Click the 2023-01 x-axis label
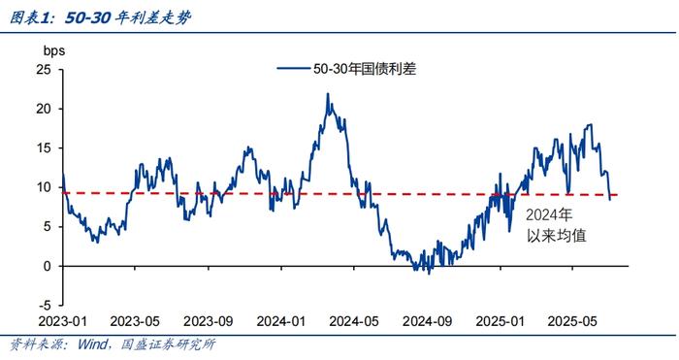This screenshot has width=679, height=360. click(x=61, y=319)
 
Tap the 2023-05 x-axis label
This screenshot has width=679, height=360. click(x=135, y=319)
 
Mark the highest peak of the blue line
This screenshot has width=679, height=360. click(x=327, y=94)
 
